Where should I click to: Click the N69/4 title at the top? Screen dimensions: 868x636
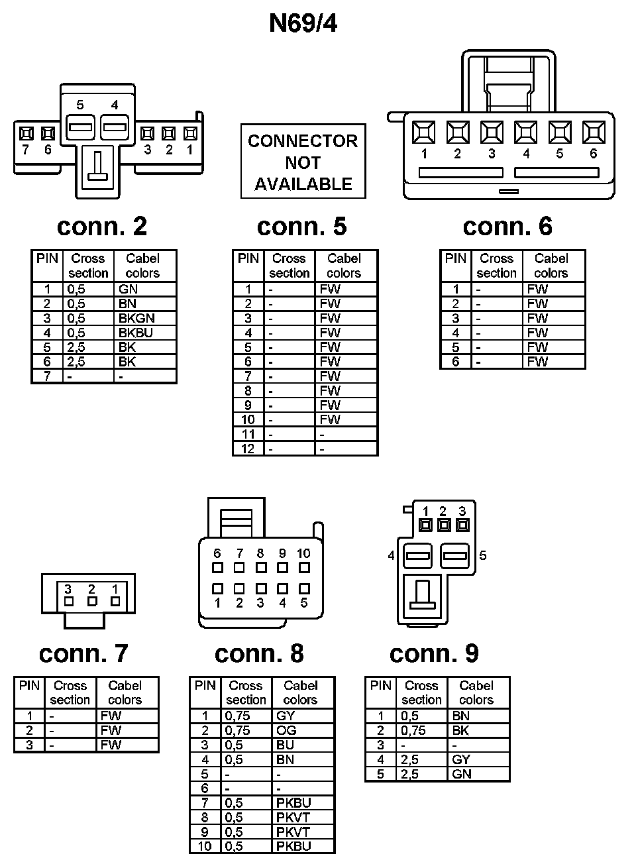pyautogui.click(x=303, y=23)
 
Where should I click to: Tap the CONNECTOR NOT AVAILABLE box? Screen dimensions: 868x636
pyautogui.click(x=303, y=162)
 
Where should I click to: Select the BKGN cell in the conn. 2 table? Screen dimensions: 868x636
pyautogui.click(x=136, y=318)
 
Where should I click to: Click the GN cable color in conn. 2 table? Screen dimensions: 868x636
pyautogui.click(x=128, y=289)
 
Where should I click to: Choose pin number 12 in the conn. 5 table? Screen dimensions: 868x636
pyautogui.click(x=248, y=449)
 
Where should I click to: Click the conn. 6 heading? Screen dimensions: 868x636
pyautogui.click(x=507, y=227)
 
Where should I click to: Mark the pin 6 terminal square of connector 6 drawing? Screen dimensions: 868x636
pyautogui.click(x=594, y=132)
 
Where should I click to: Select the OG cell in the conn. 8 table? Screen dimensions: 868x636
pyautogui.click(x=286, y=730)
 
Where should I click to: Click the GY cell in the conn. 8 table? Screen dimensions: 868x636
pyautogui.click(x=286, y=716)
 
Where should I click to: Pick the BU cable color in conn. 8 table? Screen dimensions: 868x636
pyautogui.click(x=286, y=745)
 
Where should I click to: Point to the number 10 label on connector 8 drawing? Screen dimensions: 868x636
pyautogui.click(x=303, y=553)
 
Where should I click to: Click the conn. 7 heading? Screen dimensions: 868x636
pyautogui.click(x=83, y=653)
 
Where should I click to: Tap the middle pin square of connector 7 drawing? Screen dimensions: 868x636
pyautogui.click(x=92, y=601)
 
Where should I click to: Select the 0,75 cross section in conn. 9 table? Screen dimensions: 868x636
pyautogui.click(x=413, y=730)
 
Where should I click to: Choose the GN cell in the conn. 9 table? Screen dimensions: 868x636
pyautogui.click(x=462, y=774)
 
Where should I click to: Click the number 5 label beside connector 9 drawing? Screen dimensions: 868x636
pyautogui.click(x=483, y=555)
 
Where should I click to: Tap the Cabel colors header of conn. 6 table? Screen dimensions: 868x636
pyautogui.click(x=551, y=266)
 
